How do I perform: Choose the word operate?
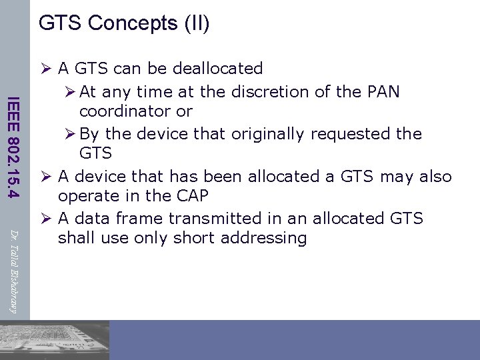click(x=83, y=196)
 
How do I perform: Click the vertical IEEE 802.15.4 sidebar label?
click(x=13, y=147)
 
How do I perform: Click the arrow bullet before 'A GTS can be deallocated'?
click(x=46, y=69)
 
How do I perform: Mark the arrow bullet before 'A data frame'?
click(x=46, y=219)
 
